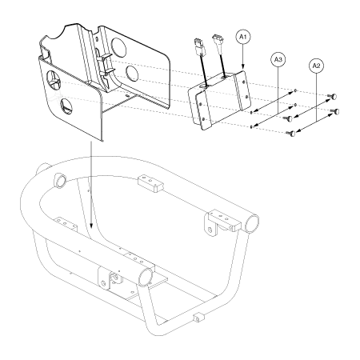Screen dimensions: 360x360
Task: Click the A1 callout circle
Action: coord(243,37)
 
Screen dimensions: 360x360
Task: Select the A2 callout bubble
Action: coord(316,66)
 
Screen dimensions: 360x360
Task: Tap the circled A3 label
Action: coord(278,59)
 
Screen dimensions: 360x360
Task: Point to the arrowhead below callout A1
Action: coord(243,67)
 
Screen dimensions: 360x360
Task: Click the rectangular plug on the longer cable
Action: coord(198,46)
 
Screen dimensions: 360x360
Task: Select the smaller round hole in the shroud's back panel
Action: coord(132,73)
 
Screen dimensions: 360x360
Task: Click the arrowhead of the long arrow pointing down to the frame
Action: coord(91,225)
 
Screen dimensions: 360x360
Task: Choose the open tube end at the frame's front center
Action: coord(146,277)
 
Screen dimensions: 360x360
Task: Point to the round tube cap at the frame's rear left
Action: coord(59,180)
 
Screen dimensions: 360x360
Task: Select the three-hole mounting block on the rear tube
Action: coord(150,183)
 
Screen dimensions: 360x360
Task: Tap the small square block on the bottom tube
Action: coord(199,318)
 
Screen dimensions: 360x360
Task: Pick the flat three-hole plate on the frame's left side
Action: coord(66,223)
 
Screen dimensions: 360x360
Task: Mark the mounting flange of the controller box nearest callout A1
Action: coord(242,90)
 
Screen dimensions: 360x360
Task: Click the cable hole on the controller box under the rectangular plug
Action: coord(204,86)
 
